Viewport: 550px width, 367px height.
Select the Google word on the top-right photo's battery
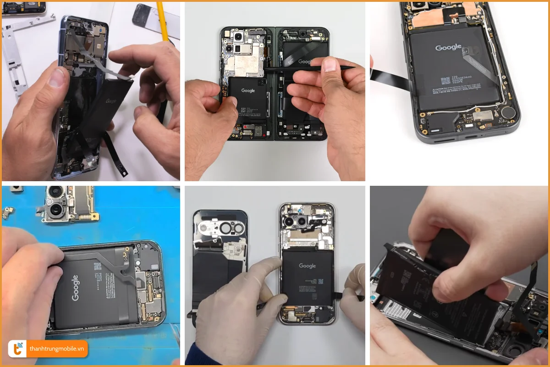point(448,48)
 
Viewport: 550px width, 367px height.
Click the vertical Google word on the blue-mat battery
point(75,288)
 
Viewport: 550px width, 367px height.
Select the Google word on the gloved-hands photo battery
point(307,266)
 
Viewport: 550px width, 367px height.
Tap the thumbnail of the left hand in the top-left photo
point(57,77)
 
